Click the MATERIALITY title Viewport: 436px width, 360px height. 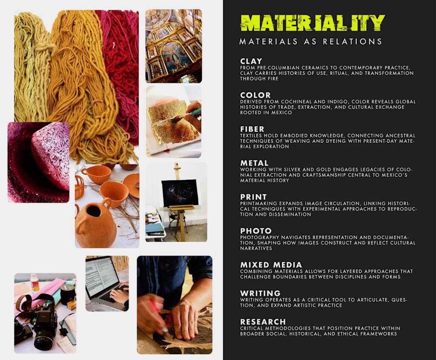[312, 23]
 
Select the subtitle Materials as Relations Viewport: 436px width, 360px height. [310, 42]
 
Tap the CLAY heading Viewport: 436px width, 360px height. [251, 61]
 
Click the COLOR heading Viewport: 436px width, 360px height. [255, 95]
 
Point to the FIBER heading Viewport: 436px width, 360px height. [252, 129]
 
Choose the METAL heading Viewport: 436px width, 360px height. [254, 163]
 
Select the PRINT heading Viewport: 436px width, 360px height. [253, 197]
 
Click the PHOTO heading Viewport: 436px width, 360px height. [255, 231]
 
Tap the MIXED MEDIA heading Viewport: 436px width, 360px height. [271, 265]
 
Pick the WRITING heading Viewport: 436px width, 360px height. [260, 293]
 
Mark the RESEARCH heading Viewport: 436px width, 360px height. [263, 322]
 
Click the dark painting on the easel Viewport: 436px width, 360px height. [180, 193]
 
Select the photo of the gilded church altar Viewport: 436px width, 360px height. [173, 46]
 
